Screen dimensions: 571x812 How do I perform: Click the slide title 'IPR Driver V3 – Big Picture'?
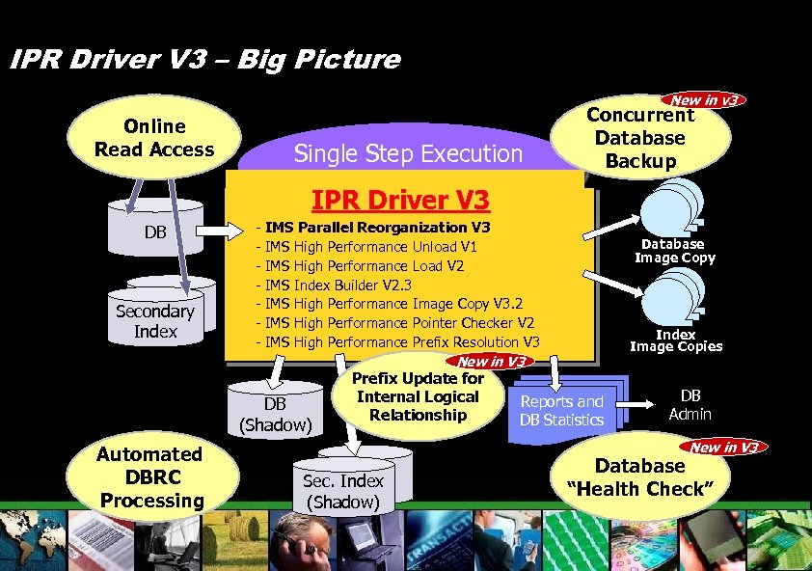203,60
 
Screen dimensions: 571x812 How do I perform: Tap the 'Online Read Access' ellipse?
154,138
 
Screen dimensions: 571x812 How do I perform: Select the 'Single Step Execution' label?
407,153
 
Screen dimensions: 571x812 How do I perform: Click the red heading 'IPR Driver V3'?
400,201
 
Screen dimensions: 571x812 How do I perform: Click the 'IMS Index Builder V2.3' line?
338,285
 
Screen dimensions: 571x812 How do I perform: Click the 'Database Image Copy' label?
674,251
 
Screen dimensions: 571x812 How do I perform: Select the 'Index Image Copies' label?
675,340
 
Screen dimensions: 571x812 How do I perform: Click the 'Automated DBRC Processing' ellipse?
150,476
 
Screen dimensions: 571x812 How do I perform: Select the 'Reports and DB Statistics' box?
562,410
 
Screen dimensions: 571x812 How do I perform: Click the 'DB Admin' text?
690,404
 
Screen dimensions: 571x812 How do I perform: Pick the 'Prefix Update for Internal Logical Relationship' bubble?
418,396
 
